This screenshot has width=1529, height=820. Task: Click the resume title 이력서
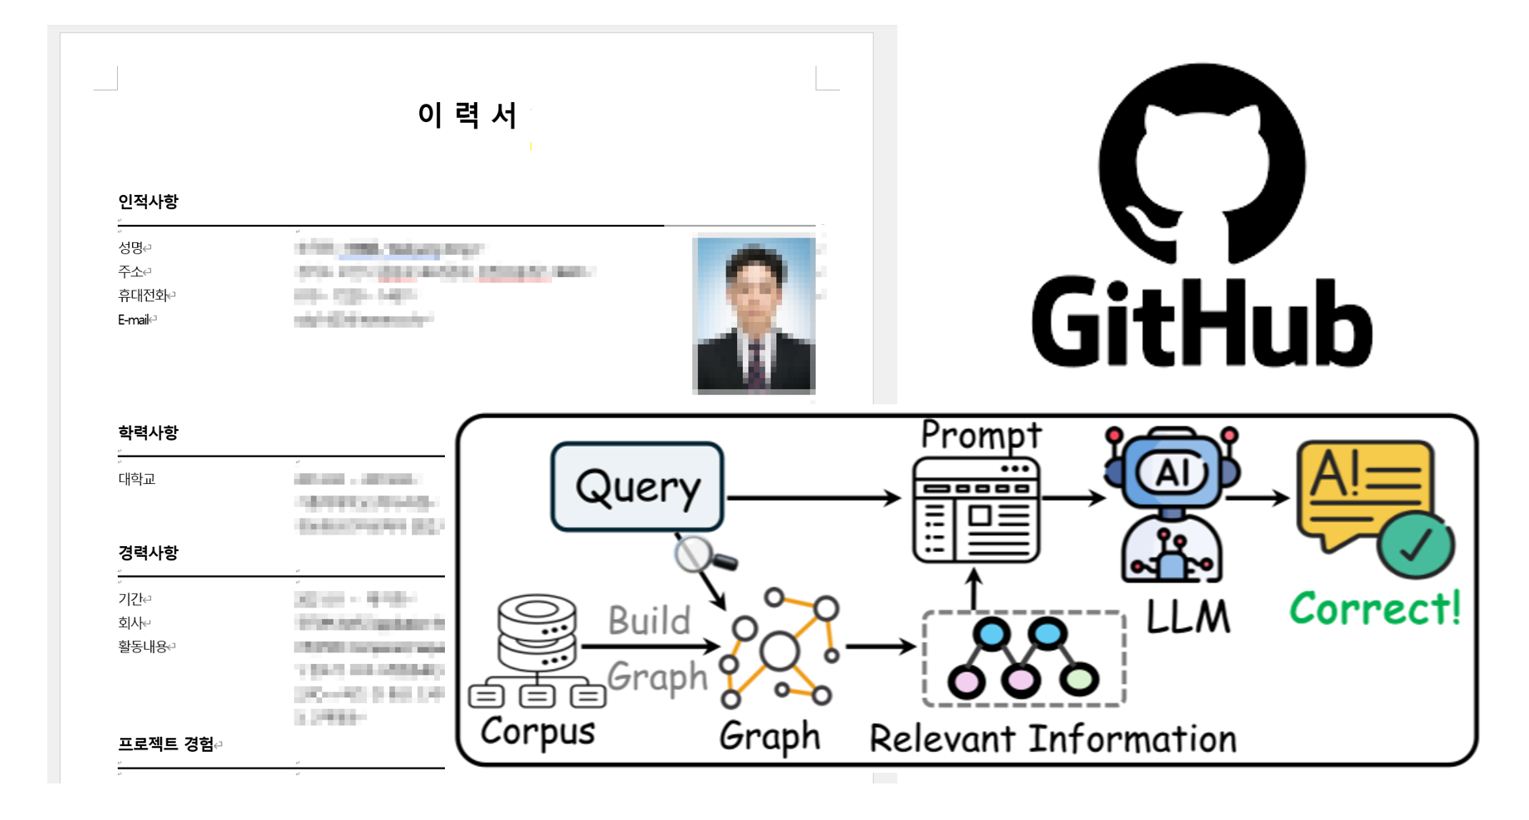click(467, 115)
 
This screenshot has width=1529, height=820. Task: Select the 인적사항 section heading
click(148, 202)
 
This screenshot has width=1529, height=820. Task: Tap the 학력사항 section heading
click(148, 432)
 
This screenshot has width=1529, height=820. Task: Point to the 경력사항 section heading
click(148, 553)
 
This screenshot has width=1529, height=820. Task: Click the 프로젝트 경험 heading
click(166, 744)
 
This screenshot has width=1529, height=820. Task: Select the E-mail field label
click(134, 320)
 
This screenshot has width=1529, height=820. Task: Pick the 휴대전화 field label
click(143, 295)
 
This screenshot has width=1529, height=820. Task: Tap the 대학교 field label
click(136, 479)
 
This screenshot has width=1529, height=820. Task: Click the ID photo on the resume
click(754, 315)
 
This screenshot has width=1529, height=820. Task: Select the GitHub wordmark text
click(1202, 324)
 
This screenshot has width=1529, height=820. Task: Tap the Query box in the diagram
click(637, 487)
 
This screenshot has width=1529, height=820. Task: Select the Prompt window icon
click(975, 510)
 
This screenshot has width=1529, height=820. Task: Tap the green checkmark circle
click(1416, 545)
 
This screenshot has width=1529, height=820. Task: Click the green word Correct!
click(1375, 608)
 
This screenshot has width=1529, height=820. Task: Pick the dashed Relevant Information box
click(1023, 659)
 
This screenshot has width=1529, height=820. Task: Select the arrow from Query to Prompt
click(813, 498)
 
